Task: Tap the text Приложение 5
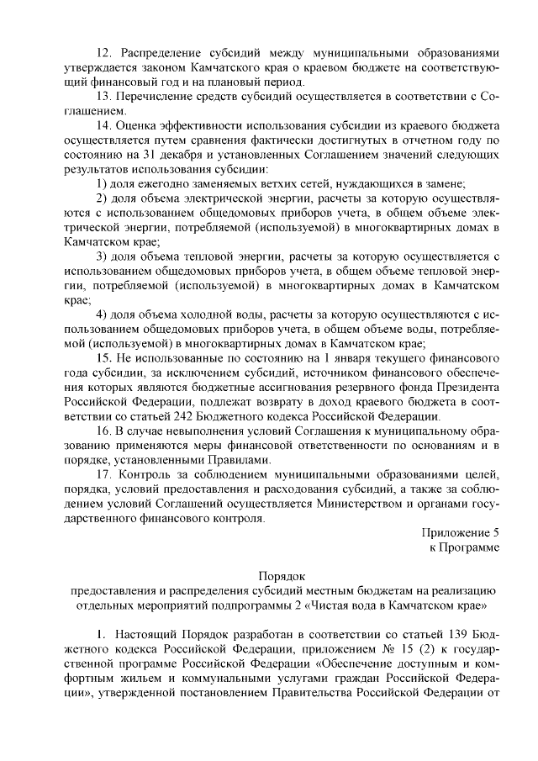pyautogui.click(x=462, y=532)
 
